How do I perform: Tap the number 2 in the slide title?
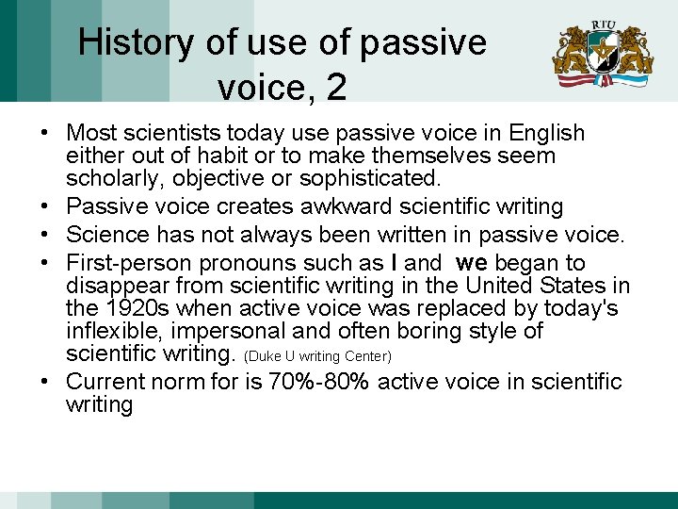336,88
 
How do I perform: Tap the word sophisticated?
370,177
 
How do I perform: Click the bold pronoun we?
470,263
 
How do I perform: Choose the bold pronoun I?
393,263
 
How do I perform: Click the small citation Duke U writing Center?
317,356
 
